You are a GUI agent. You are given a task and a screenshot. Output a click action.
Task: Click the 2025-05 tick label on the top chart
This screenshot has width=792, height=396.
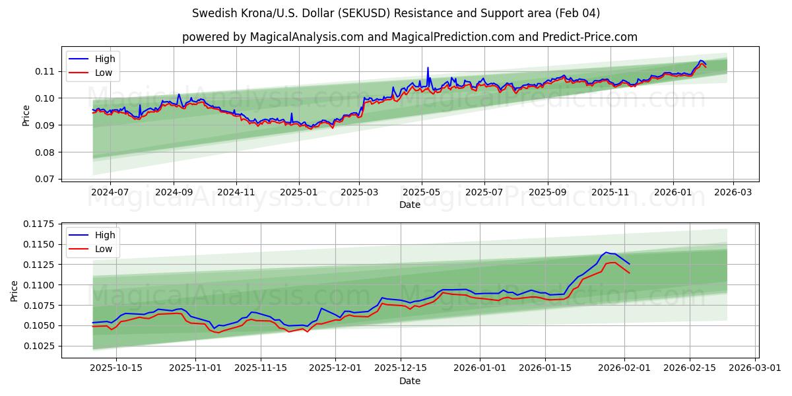(421, 192)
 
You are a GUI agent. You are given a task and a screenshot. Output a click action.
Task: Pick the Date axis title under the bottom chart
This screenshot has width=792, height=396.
(409, 381)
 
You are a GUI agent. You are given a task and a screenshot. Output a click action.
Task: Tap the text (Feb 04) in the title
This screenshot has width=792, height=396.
(577, 13)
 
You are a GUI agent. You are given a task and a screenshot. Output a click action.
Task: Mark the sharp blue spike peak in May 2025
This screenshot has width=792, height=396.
(428, 67)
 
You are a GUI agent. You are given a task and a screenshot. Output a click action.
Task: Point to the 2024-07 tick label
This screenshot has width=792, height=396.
(110, 192)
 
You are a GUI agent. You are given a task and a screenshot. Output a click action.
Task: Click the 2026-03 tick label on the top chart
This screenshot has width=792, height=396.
(734, 192)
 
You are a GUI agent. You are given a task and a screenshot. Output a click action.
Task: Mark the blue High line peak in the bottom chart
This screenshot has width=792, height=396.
(607, 252)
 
